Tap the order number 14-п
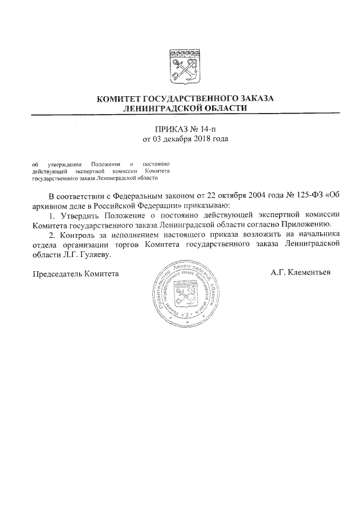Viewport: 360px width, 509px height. (x=208, y=128)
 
